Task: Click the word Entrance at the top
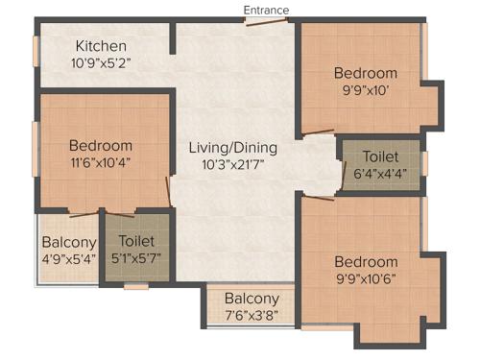pos(266,10)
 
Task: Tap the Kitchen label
pos(101,46)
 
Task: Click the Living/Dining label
pos(233,148)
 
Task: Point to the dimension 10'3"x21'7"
pos(233,165)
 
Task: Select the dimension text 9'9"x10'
pos(365,91)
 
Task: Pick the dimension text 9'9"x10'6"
pos(365,279)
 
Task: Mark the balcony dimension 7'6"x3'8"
pos(252,316)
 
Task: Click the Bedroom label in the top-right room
pos(365,73)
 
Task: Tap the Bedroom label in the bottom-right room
pos(365,262)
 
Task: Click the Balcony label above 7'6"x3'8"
pos(252,299)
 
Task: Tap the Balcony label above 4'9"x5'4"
pos(68,242)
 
